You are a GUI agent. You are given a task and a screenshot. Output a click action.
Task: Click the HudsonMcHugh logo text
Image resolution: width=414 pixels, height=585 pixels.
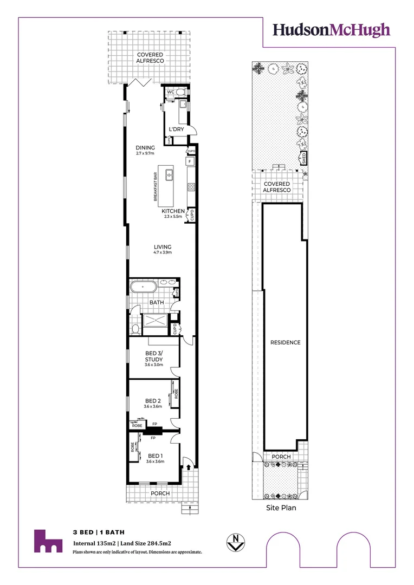pyautogui.click(x=331, y=30)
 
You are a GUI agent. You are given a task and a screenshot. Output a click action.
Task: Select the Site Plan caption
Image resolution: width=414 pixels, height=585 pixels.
pyautogui.click(x=281, y=508)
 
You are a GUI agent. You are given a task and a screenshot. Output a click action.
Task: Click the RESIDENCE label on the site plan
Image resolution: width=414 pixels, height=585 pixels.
pyautogui.click(x=286, y=342)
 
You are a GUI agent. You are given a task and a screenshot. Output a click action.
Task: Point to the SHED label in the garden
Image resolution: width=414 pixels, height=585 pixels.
pyautogui.click(x=304, y=159)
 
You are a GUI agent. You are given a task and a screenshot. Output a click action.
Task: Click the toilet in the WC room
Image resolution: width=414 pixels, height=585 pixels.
pyautogui.click(x=180, y=92)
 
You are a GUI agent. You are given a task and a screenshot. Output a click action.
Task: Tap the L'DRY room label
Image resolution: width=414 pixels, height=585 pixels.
pyautogui.click(x=177, y=130)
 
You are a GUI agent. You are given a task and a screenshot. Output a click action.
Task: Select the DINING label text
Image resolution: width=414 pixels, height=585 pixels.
pyautogui.click(x=145, y=147)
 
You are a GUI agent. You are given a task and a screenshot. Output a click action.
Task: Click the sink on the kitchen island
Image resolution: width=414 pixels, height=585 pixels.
pyautogui.click(x=170, y=174)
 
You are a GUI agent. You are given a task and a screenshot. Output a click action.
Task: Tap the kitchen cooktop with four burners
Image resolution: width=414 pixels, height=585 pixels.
pyautogui.click(x=191, y=187)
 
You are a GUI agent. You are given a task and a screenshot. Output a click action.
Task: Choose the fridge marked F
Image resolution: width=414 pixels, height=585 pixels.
pyautogui.click(x=190, y=161)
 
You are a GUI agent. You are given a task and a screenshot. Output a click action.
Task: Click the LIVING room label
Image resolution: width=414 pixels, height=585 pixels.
pyautogui.click(x=163, y=247)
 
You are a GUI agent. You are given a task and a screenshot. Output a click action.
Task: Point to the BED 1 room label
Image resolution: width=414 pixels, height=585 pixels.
pyautogui.click(x=155, y=456)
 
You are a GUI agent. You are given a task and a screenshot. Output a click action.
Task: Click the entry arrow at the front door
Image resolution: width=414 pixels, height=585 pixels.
pyautogui.click(x=188, y=465)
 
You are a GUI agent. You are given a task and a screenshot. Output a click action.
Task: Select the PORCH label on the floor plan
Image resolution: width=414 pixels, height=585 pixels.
pyautogui.click(x=160, y=493)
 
